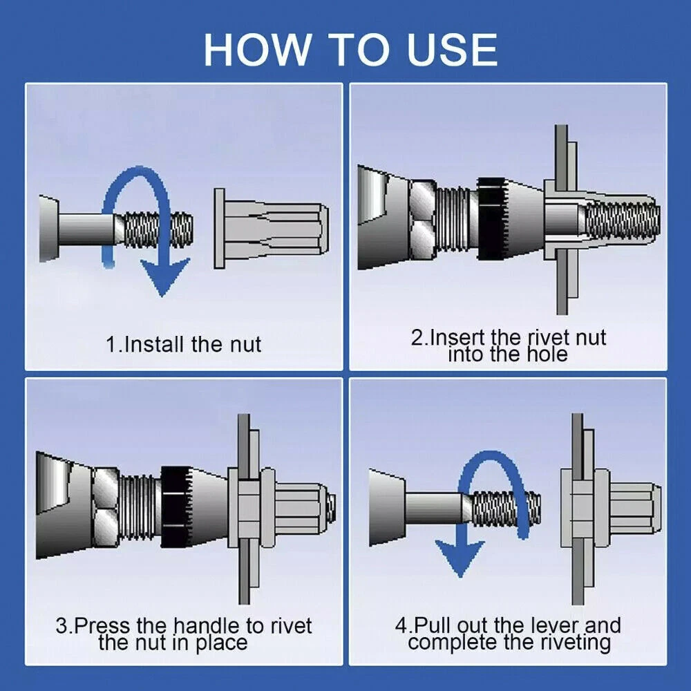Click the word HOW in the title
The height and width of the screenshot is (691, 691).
click(257, 49)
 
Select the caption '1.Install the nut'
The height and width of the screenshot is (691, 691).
click(183, 344)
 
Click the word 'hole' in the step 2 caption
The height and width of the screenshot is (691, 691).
click(547, 354)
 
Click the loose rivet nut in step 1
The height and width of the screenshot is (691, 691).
click(272, 229)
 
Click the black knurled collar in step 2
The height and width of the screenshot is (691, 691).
click(491, 218)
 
